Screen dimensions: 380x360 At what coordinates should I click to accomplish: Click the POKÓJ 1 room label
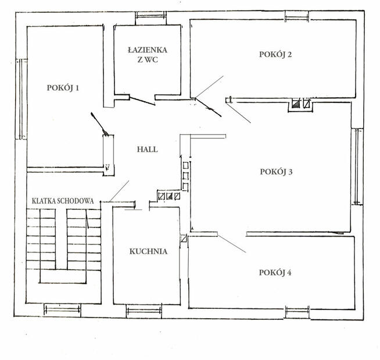[63, 88]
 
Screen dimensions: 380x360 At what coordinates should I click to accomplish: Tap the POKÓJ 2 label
[275, 54]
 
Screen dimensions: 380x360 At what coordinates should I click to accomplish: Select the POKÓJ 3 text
[276, 172]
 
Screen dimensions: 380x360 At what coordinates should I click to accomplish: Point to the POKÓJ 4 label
[275, 272]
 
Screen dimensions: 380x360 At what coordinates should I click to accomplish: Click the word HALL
[148, 149]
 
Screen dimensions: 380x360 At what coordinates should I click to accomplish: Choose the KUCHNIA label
[148, 251]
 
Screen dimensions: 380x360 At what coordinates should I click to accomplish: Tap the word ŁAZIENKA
[148, 50]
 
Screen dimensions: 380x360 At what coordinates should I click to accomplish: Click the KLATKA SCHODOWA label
[63, 201]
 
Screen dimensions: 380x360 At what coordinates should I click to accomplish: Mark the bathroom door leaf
[142, 101]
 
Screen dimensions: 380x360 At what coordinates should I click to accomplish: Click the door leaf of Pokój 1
[99, 124]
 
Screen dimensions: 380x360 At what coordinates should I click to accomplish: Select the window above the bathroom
[150, 15]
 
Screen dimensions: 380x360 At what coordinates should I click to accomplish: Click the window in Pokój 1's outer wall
[21, 99]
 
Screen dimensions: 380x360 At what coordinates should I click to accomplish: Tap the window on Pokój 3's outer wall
[357, 166]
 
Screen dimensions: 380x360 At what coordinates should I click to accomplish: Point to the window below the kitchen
[144, 311]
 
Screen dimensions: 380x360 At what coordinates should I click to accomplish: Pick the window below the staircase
[62, 310]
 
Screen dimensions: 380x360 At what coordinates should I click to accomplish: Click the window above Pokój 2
[297, 16]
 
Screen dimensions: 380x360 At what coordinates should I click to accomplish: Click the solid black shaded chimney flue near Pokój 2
[296, 104]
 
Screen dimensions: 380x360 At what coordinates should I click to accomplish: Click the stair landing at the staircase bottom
[63, 277]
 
